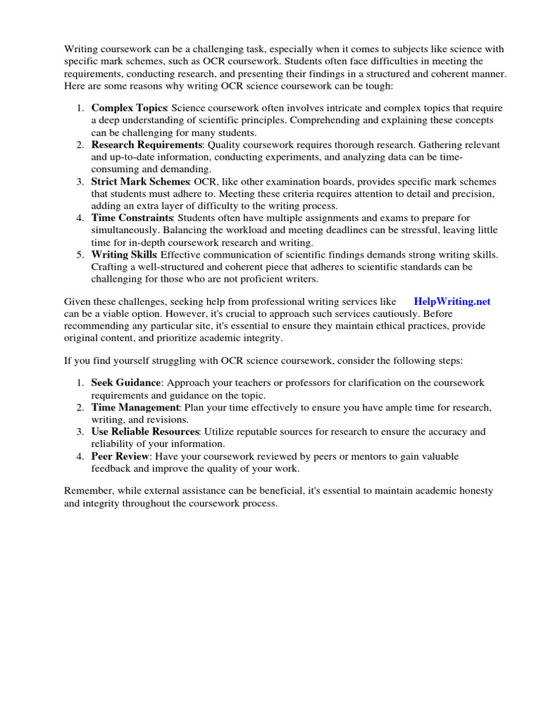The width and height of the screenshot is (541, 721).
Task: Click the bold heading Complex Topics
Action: tap(129, 108)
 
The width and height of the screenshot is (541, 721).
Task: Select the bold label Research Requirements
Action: tap(147, 144)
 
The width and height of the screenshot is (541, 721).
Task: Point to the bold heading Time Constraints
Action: tap(132, 218)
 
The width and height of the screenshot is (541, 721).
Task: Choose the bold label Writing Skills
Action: tap(124, 254)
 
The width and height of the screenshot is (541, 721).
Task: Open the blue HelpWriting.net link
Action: tap(452, 301)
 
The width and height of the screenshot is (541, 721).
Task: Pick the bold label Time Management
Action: tap(135, 408)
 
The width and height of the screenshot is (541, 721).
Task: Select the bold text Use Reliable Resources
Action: tap(145, 431)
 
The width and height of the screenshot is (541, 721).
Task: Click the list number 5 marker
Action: tap(80, 254)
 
